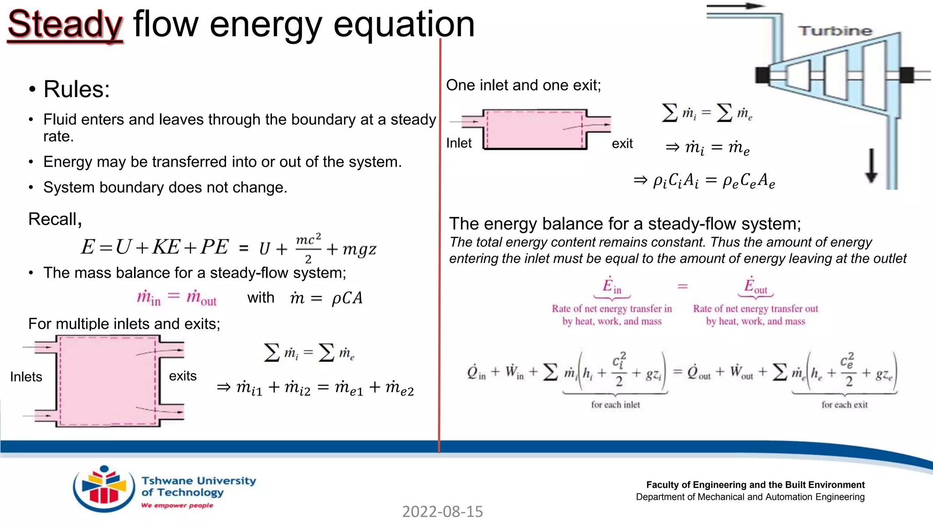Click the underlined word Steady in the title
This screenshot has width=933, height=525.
pyautogui.click(x=65, y=25)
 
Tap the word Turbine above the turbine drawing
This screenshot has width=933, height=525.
pyautogui.click(x=835, y=31)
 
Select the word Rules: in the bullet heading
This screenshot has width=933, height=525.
pyautogui.click(x=77, y=89)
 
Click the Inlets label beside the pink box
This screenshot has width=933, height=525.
pyautogui.click(x=26, y=377)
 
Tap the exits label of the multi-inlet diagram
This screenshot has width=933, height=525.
pyautogui.click(x=183, y=376)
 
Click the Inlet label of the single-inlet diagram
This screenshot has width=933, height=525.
pyautogui.click(x=459, y=143)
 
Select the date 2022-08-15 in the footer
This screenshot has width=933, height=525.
pyautogui.click(x=442, y=512)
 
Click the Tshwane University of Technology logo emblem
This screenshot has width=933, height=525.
pyautogui.click(x=104, y=489)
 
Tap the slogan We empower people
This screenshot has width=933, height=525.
pyautogui.click(x=177, y=505)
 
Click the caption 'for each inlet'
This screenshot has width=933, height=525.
pyautogui.click(x=615, y=405)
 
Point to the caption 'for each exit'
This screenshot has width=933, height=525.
pyautogui.click(x=845, y=405)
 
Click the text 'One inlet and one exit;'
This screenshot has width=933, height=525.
pyautogui.click(x=523, y=85)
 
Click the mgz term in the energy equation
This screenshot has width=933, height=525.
pyautogui.click(x=359, y=249)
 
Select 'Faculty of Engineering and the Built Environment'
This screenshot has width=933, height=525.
pyautogui.click(x=755, y=485)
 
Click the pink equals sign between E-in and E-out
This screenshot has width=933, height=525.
pyautogui.click(x=682, y=286)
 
